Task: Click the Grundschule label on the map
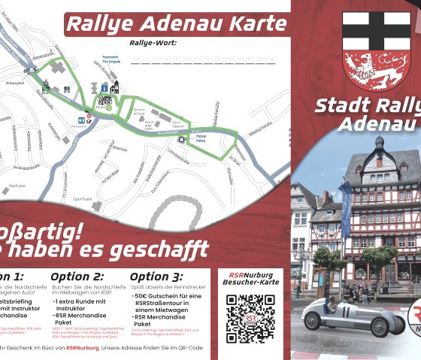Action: click(x=139, y=113)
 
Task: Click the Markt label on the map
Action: click(x=100, y=107)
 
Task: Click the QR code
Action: click(x=250, y=318)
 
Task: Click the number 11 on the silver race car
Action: click(x=346, y=310)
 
